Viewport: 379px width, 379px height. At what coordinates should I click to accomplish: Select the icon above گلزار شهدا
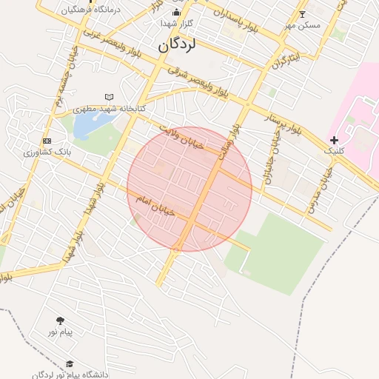[176, 13]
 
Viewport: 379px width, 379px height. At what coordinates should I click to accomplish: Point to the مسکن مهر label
[303, 25]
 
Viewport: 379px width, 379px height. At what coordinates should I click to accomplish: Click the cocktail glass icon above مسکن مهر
[301, 14]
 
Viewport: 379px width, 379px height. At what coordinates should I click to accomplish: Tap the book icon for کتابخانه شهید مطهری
[110, 97]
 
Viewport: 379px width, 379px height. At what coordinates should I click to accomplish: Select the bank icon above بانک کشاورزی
[47, 141]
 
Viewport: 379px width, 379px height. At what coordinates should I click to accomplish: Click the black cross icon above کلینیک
[334, 140]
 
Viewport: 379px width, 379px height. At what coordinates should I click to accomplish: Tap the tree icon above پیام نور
[60, 321]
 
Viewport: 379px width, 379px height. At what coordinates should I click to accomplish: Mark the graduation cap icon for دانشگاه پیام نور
[70, 364]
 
